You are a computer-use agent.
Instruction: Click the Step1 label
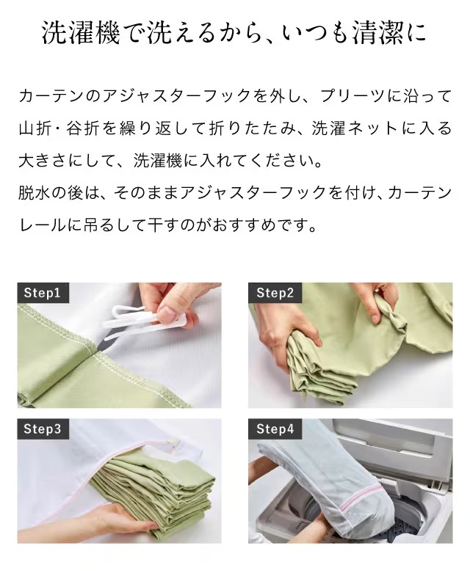43,292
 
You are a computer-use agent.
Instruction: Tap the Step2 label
275,292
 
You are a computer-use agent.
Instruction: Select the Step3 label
43,429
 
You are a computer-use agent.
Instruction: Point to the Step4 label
275,429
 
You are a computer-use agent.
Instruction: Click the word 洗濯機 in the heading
81,33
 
